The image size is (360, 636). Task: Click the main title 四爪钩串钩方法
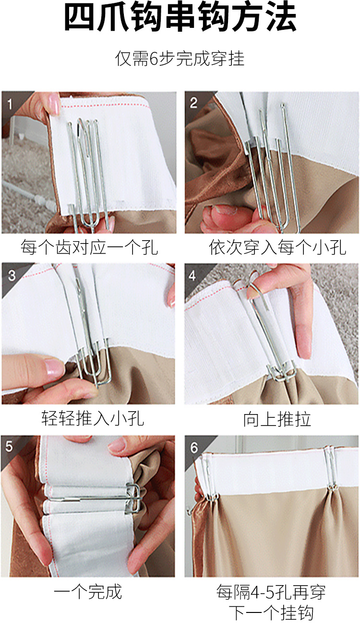(x=180, y=17)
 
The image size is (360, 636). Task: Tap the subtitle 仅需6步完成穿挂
(x=180, y=59)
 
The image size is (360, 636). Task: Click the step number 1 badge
(x=10, y=104)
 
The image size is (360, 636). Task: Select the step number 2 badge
(x=193, y=103)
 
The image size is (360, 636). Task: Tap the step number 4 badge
(x=192, y=275)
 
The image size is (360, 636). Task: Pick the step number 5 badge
(x=9, y=446)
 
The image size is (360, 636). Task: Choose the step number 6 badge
(x=194, y=448)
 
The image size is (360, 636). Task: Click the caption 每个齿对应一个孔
(x=89, y=247)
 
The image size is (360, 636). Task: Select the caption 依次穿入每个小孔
(x=277, y=247)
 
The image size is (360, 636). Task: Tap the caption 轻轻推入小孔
(x=93, y=418)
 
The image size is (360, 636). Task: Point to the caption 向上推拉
(x=277, y=419)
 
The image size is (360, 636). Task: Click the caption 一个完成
(x=88, y=592)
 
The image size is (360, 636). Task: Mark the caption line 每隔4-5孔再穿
(x=271, y=592)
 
